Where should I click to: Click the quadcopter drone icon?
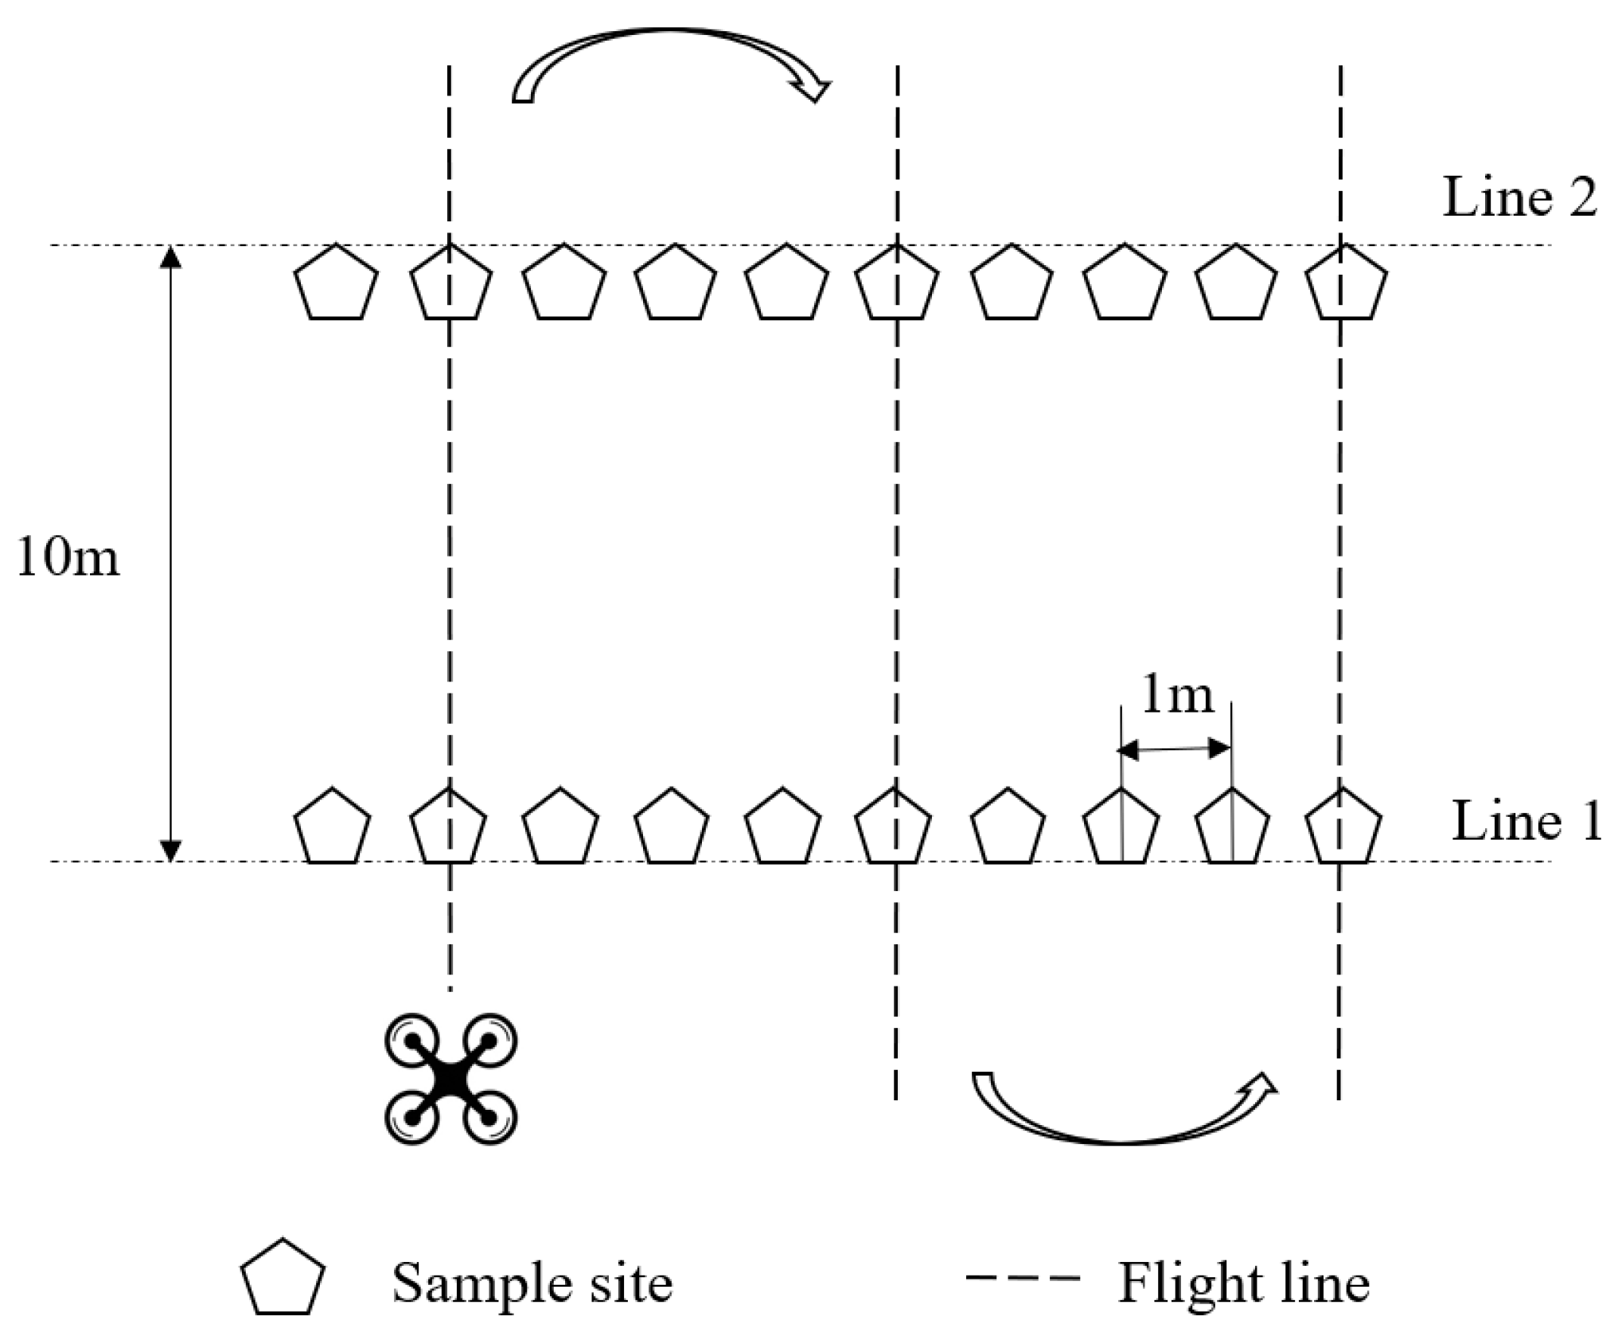tap(450, 1079)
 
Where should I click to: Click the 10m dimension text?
tap(68, 557)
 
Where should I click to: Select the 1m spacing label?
tap(1177, 695)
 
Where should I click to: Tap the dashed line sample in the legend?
tap(1023, 1278)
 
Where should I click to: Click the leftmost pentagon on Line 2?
tap(336, 283)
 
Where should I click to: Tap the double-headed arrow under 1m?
tap(1175, 748)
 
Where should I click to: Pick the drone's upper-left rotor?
tap(412, 1041)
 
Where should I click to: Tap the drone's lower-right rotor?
tap(489, 1118)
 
